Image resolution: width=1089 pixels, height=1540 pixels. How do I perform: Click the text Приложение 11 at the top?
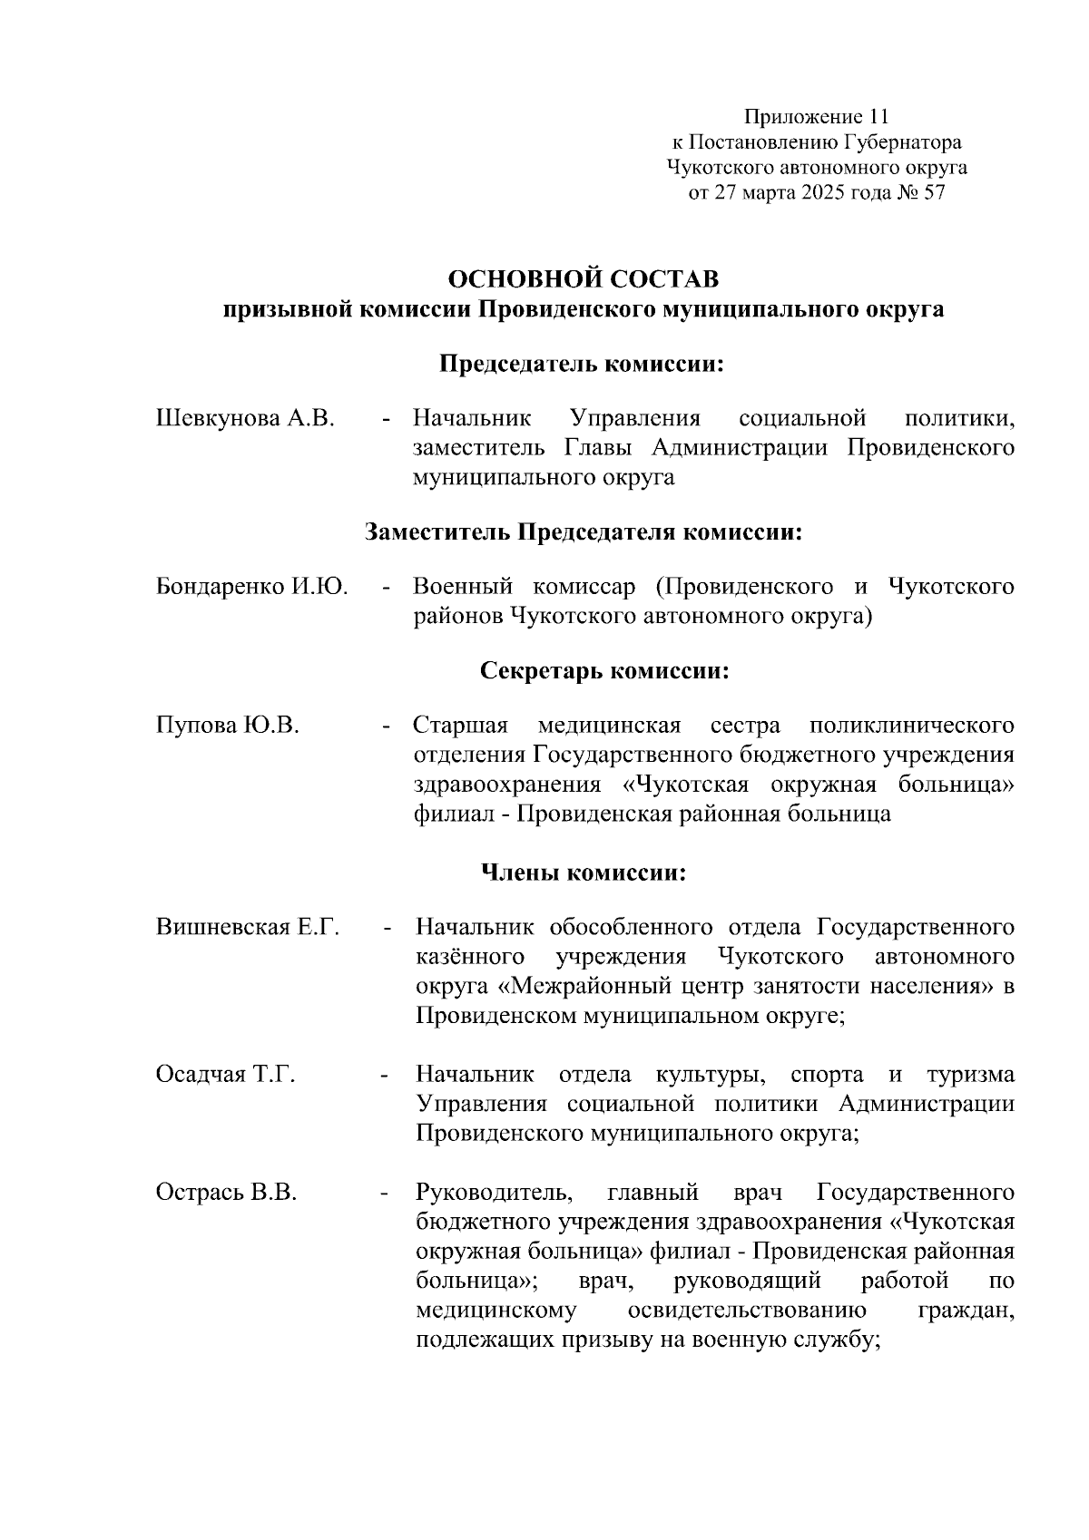click(x=816, y=116)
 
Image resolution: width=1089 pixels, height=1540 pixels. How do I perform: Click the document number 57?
click(x=933, y=192)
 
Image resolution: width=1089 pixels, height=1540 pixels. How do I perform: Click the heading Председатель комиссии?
click(x=584, y=365)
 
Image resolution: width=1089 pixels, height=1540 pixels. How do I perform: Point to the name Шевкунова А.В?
click(x=246, y=418)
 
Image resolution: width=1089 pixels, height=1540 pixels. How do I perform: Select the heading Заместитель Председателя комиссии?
click(x=584, y=531)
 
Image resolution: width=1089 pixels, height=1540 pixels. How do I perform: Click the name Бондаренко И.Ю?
click(x=252, y=586)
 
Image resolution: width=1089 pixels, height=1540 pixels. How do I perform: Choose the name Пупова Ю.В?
click(x=228, y=726)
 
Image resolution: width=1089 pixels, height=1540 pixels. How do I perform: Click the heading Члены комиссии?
click(x=583, y=872)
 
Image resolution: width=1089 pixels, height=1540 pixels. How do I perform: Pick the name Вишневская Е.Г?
click(x=248, y=927)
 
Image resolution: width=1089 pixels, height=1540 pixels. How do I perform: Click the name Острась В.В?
click(x=227, y=1192)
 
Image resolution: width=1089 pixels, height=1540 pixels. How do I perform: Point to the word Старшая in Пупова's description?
click(x=460, y=726)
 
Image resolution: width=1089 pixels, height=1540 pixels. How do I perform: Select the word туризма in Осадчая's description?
click(x=970, y=1074)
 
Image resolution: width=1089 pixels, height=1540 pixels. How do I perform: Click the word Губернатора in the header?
click(x=903, y=142)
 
